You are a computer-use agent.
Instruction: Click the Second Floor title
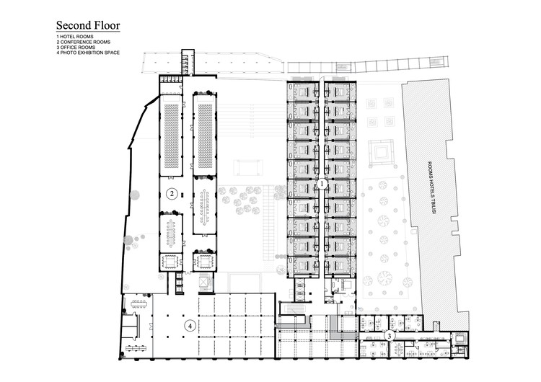pyautogui.click(x=88, y=25)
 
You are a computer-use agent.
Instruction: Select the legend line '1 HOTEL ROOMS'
pyautogui.click(x=75, y=37)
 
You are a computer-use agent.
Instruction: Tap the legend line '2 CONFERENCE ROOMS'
pyautogui.click(x=84, y=42)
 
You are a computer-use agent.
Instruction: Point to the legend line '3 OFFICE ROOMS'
pyautogui.click(x=76, y=48)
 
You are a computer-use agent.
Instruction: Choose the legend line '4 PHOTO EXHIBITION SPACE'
pyautogui.click(x=88, y=53)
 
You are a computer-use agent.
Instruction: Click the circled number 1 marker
pyautogui.click(x=322, y=184)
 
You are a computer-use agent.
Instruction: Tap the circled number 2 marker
pyautogui.click(x=172, y=194)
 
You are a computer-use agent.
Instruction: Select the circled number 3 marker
pyautogui.click(x=390, y=335)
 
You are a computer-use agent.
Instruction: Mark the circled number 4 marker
pyautogui.click(x=190, y=326)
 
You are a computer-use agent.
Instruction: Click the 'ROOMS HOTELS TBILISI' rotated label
pyautogui.click(x=431, y=187)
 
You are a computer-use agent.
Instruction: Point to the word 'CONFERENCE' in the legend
pyautogui.click(x=77, y=42)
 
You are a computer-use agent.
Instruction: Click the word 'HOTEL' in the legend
pyautogui.click(x=68, y=37)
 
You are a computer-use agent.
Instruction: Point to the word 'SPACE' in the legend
pyautogui.click(x=113, y=53)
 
